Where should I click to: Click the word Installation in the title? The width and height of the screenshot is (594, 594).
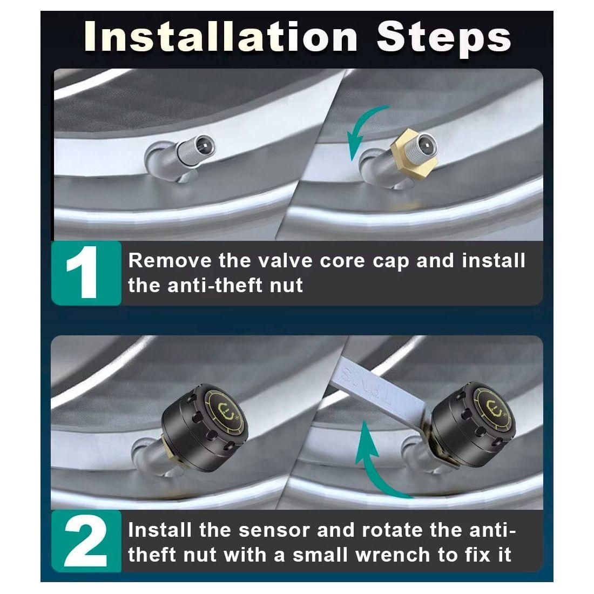[x=221, y=37]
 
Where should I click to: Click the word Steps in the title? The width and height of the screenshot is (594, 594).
[x=443, y=39]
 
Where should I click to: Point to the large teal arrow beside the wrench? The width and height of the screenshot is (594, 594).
[x=375, y=458]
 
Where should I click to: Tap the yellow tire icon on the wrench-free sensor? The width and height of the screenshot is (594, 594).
[x=227, y=412]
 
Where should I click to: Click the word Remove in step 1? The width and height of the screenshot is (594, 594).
[x=170, y=261]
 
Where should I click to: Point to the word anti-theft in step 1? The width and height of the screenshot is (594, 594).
[x=215, y=285]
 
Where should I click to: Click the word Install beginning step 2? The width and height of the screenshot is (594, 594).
[x=159, y=530]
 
